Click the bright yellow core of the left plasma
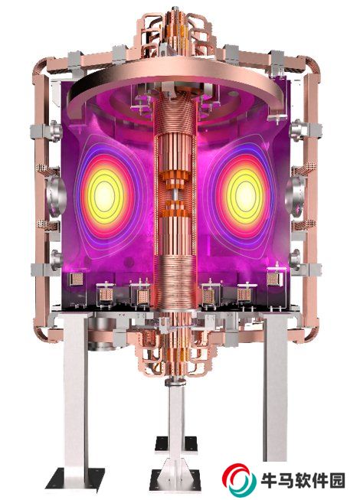[104, 194]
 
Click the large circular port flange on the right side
[295, 195]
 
